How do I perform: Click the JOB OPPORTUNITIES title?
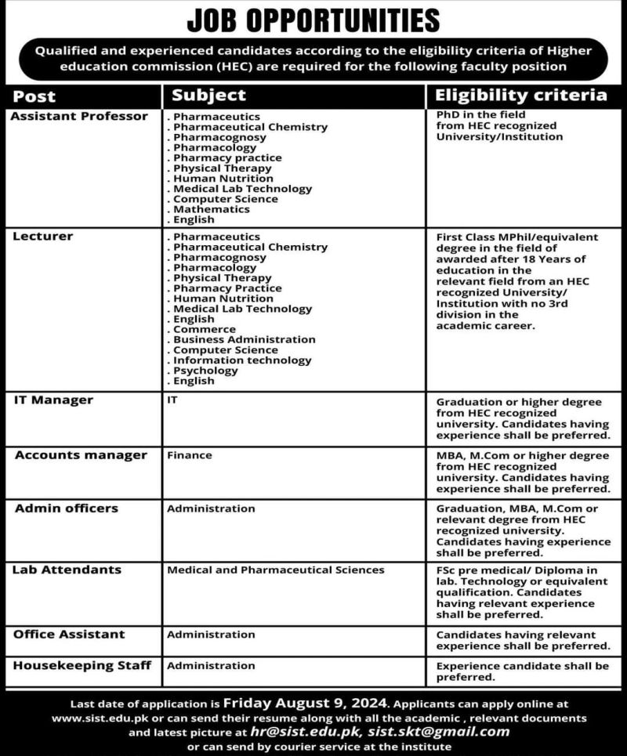pos(313,19)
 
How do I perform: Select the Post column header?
pos(34,96)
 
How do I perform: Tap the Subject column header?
pos(208,96)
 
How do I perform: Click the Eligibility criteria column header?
pos(521,96)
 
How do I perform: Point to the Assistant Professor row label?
pos(79,117)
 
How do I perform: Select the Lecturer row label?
pos(43,237)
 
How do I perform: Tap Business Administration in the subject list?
pos(244,339)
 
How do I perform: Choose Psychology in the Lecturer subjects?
pos(205,371)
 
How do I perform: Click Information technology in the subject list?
pos(241,360)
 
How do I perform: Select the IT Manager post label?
pos(53,400)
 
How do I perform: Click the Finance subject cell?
pos(189,455)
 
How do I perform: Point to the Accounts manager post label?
pos(80,455)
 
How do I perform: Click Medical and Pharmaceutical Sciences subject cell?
pos(275,570)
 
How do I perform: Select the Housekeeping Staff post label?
pos(82,665)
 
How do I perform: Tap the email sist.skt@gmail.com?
pos(439,732)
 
